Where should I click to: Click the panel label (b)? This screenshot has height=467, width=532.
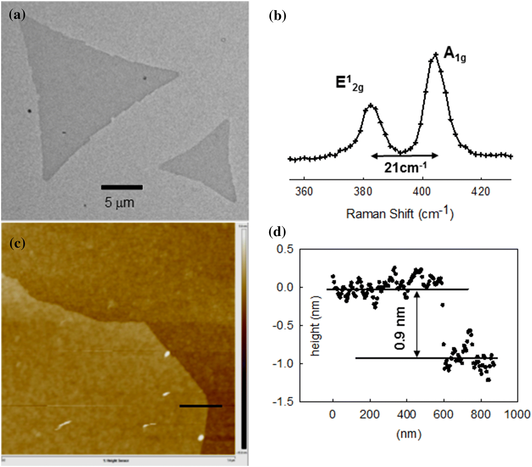pyautogui.click(x=277, y=16)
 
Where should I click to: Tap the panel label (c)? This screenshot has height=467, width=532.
pyautogui.click(x=17, y=243)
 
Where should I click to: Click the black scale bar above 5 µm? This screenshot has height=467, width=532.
pyautogui.click(x=122, y=187)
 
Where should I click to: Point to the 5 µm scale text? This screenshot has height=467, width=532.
pyautogui.click(x=119, y=203)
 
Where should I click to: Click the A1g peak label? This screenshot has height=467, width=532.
pyautogui.click(x=455, y=55)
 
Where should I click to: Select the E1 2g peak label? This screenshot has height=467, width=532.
pyautogui.click(x=349, y=83)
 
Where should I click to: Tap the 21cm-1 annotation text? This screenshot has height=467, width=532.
pyautogui.click(x=405, y=167)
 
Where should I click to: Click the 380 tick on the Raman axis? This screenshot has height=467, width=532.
pyautogui.click(x=363, y=191)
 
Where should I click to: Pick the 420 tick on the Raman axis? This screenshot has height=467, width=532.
pyautogui.click(x=480, y=191)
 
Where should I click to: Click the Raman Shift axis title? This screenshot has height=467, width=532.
pyautogui.click(x=400, y=213)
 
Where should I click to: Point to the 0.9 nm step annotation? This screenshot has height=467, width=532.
pyautogui.click(x=400, y=328)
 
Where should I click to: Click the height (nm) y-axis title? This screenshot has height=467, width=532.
pyautogui.click(x=315, y=326)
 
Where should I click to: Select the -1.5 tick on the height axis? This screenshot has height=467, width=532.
pyautogui.click(x=283, y=402)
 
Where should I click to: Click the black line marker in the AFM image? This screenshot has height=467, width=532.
pyautogui.click(x=201, y=406)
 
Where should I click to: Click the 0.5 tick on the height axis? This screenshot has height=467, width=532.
pyautogui.click(x=285, y=249)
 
